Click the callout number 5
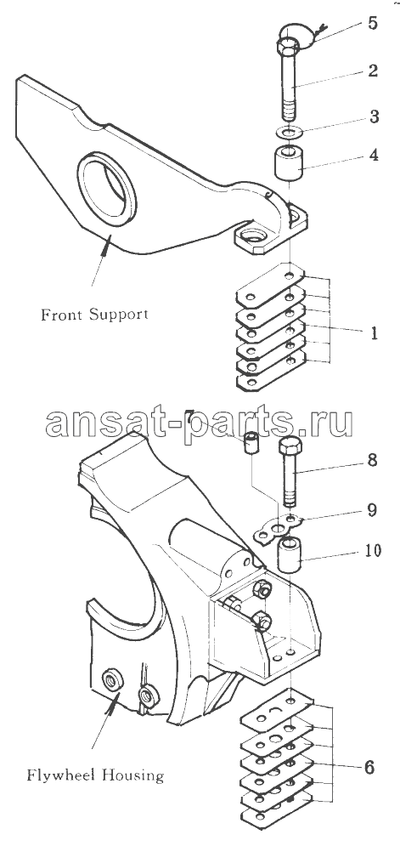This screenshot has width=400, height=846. point(372,25)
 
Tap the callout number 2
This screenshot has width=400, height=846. point(373,71)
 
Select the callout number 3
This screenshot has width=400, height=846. point(373,116)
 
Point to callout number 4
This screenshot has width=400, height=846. point(373,155)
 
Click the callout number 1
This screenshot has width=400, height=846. point(374,333)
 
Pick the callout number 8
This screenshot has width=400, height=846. point(373,462)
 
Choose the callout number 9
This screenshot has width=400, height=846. point(373,510)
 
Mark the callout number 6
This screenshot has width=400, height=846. point(369,767)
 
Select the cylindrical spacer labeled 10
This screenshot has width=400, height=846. point(290,556)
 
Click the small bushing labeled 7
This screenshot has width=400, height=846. point(251,443)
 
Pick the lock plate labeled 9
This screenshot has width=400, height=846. point(279,530)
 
